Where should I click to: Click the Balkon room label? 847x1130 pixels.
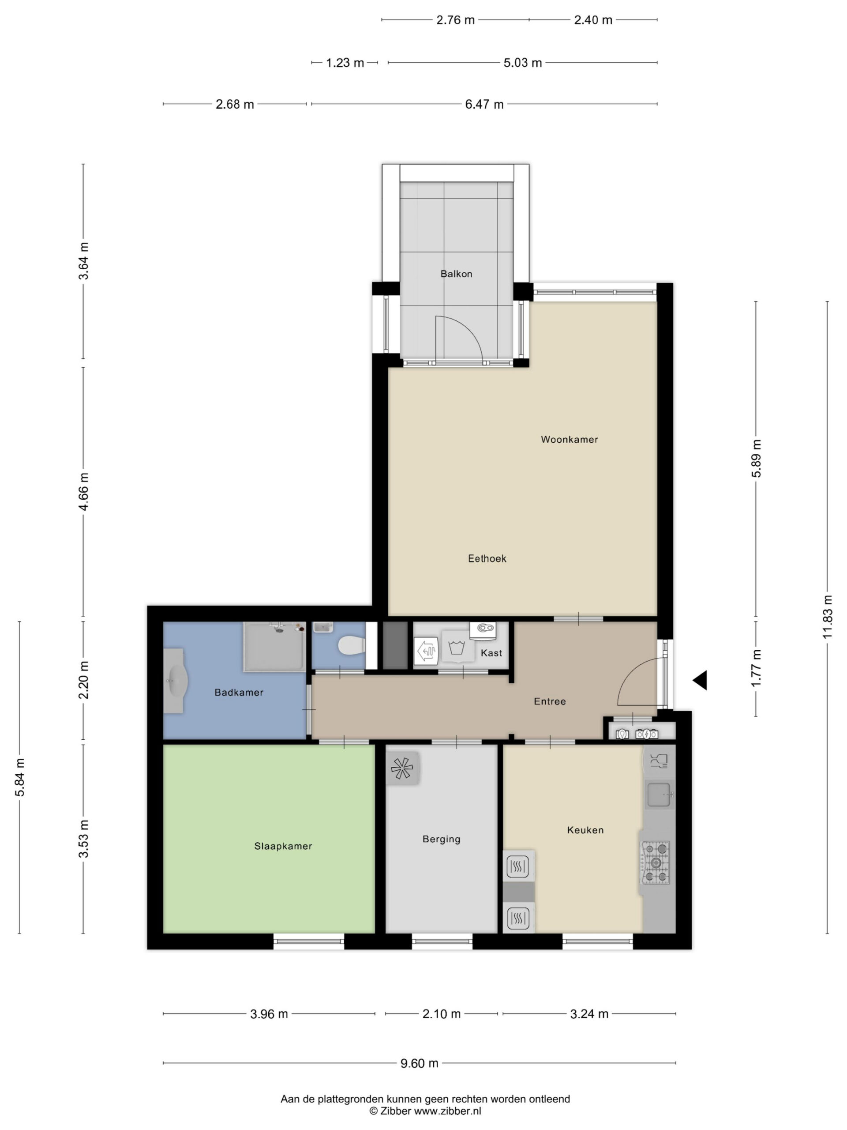(456, 274)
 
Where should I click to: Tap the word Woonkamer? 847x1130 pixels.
(569, 439)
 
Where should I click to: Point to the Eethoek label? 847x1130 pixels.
(487, 558)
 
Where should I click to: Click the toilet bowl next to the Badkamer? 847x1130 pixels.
(351, 645)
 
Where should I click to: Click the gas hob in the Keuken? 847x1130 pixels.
(656, 863)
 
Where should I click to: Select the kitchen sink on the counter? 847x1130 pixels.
(659, 795)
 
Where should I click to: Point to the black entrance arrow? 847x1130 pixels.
(700, 680)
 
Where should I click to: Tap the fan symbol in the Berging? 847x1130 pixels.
(402, 768)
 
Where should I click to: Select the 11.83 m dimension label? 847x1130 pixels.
(827, 617)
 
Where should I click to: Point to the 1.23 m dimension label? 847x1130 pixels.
(345, 63)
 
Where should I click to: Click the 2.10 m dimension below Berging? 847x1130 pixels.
(441, 1014)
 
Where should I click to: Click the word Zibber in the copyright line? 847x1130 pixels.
(396, 1111)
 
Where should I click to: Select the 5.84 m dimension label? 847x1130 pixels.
(19, 777)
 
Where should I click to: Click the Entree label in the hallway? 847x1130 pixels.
(550, 701)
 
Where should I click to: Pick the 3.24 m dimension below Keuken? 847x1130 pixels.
(589, 1014)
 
